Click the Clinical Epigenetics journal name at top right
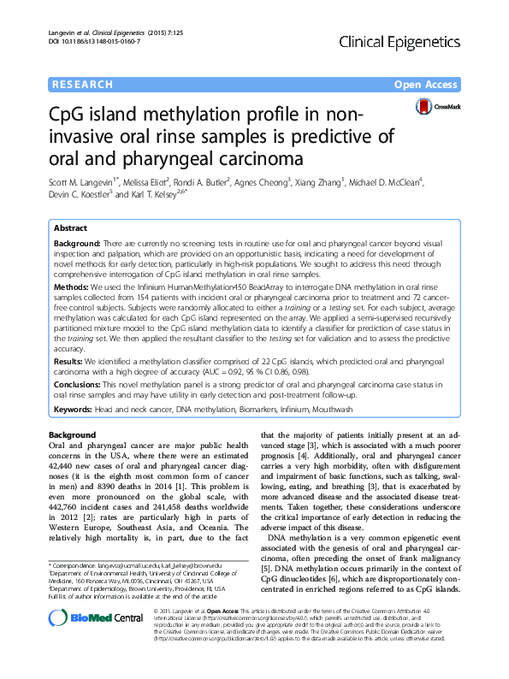[x=400, y=41]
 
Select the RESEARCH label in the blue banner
[x=82, y=86]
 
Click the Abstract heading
[x=71, y=229]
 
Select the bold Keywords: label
[x=75, y=410]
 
